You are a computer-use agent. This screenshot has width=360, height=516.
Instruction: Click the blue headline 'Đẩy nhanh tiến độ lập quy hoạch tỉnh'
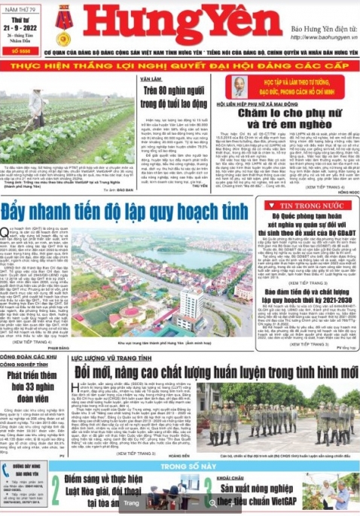[112, 209]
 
